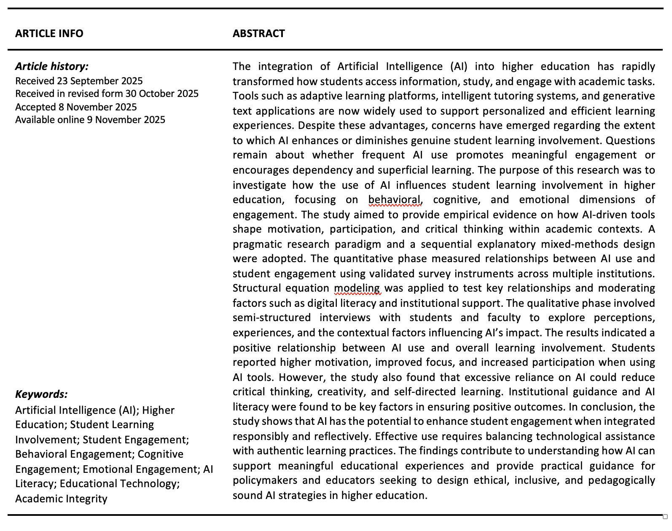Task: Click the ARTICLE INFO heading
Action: [49, 34]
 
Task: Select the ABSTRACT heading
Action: [258, 34]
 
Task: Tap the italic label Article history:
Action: [52, 66]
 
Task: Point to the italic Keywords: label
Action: [41, 394]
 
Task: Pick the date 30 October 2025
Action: [162, 94]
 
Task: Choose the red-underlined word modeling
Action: [357, 288]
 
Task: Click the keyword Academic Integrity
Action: [61, 499]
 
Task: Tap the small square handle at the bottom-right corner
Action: [665, 517]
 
